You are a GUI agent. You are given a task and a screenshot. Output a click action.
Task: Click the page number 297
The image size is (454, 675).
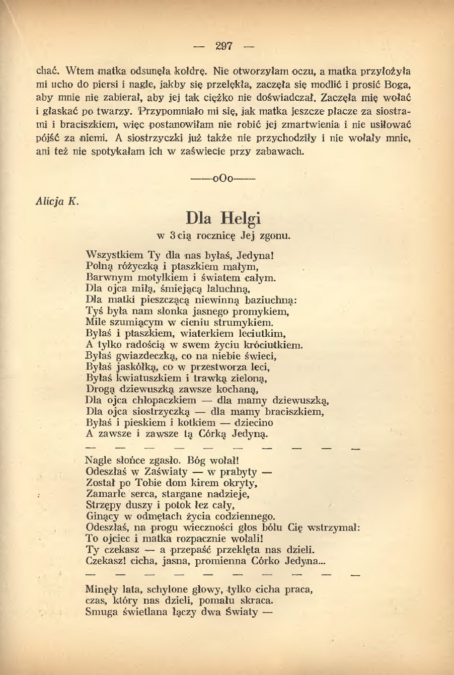click(x=224, y=46)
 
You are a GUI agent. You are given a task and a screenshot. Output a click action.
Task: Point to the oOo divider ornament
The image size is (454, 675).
click(x=224, y=178)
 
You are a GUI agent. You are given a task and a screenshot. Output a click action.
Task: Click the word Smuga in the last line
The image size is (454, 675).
click(x=101, y=612)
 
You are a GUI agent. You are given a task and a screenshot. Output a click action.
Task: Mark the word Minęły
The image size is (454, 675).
click(x=102, y=589)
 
